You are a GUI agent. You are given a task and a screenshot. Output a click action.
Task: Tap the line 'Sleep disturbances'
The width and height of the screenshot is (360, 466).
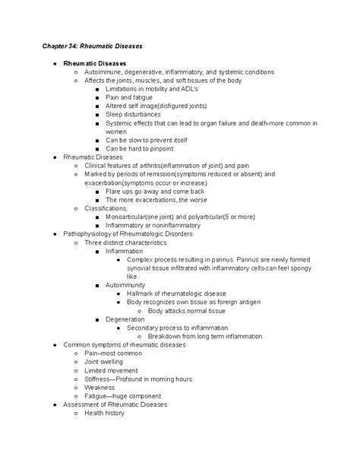(134, 114)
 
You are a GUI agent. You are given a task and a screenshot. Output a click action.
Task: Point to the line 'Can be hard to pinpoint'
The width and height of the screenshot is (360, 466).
(141, 149)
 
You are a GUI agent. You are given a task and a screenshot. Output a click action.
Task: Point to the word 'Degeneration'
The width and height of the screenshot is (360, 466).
(127, 319)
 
